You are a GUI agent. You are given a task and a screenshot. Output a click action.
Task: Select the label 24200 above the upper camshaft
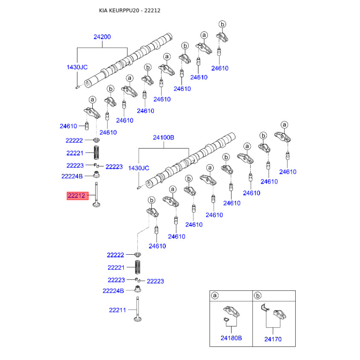tap(102, 37)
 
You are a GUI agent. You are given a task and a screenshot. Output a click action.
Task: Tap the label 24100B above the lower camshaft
tap(163, 138)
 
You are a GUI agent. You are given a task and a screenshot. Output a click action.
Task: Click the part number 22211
tap(117, 310)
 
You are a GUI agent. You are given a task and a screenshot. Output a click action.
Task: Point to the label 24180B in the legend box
tap(231, 337)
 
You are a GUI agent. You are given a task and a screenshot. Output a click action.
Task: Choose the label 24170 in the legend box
tap(273, 337)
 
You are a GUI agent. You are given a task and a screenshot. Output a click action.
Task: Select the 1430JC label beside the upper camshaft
tap(77, 67)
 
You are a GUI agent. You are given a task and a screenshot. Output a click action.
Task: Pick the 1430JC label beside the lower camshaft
tap(138, 168)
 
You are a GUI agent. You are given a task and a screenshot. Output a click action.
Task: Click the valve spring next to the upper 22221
tap(96, 153)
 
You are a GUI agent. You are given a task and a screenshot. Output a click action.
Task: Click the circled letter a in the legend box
tap(215, 296)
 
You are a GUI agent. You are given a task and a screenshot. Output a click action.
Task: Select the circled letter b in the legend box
tap(258, 296)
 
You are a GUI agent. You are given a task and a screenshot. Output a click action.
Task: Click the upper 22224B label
tap(72, 176)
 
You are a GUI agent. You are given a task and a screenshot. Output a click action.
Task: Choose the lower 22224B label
tap(113, 291)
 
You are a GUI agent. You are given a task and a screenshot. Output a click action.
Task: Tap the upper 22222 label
tap(74, 141)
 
